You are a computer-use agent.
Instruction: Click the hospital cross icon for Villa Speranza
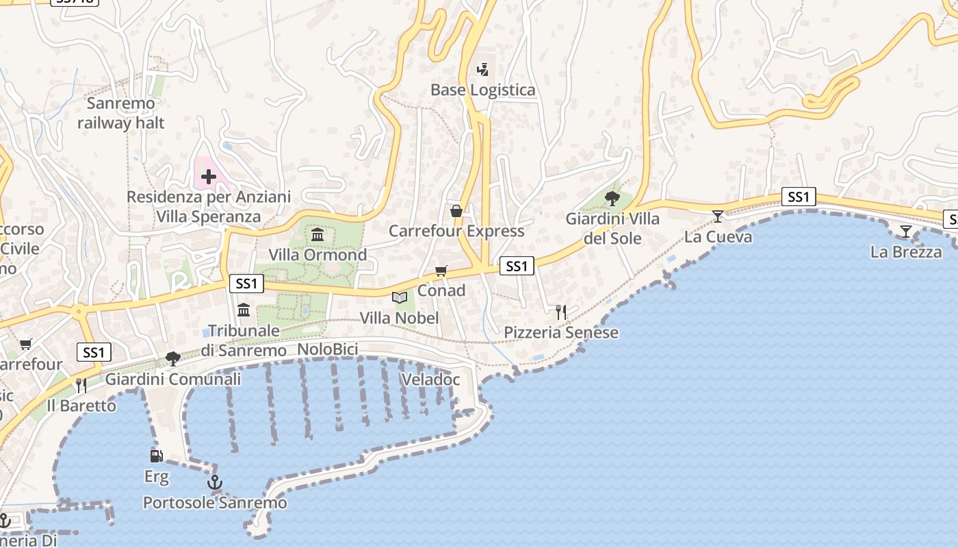(209, 177)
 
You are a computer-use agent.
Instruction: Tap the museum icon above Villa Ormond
(318, 236)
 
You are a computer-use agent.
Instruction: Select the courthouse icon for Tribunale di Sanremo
(244, 310)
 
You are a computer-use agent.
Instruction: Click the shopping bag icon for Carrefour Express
(456, 211)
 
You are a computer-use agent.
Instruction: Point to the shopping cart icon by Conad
(441, 271)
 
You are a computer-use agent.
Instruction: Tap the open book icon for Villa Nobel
(400, 297)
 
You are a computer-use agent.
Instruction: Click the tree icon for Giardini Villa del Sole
(612, 199)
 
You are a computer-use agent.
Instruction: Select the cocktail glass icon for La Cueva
(718, 216)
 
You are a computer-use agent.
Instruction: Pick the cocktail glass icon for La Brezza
(906, 232)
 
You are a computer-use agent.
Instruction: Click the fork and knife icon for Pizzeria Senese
(561, 312)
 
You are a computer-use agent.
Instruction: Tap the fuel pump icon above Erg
(157, 456)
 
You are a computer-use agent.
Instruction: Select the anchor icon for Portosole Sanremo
(215, 483)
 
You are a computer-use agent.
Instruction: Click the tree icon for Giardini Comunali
(173, 359)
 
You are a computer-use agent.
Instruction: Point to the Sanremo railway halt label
(121, 114)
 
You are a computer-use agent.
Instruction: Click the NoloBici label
(328, 350)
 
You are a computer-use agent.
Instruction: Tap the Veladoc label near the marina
(430, 379)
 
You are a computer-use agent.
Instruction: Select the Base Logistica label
(483, 90)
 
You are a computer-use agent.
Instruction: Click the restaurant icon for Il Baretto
(81, 385)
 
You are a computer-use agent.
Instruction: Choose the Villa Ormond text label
(318, 255)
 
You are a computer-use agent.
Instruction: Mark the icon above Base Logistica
(483, 69)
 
